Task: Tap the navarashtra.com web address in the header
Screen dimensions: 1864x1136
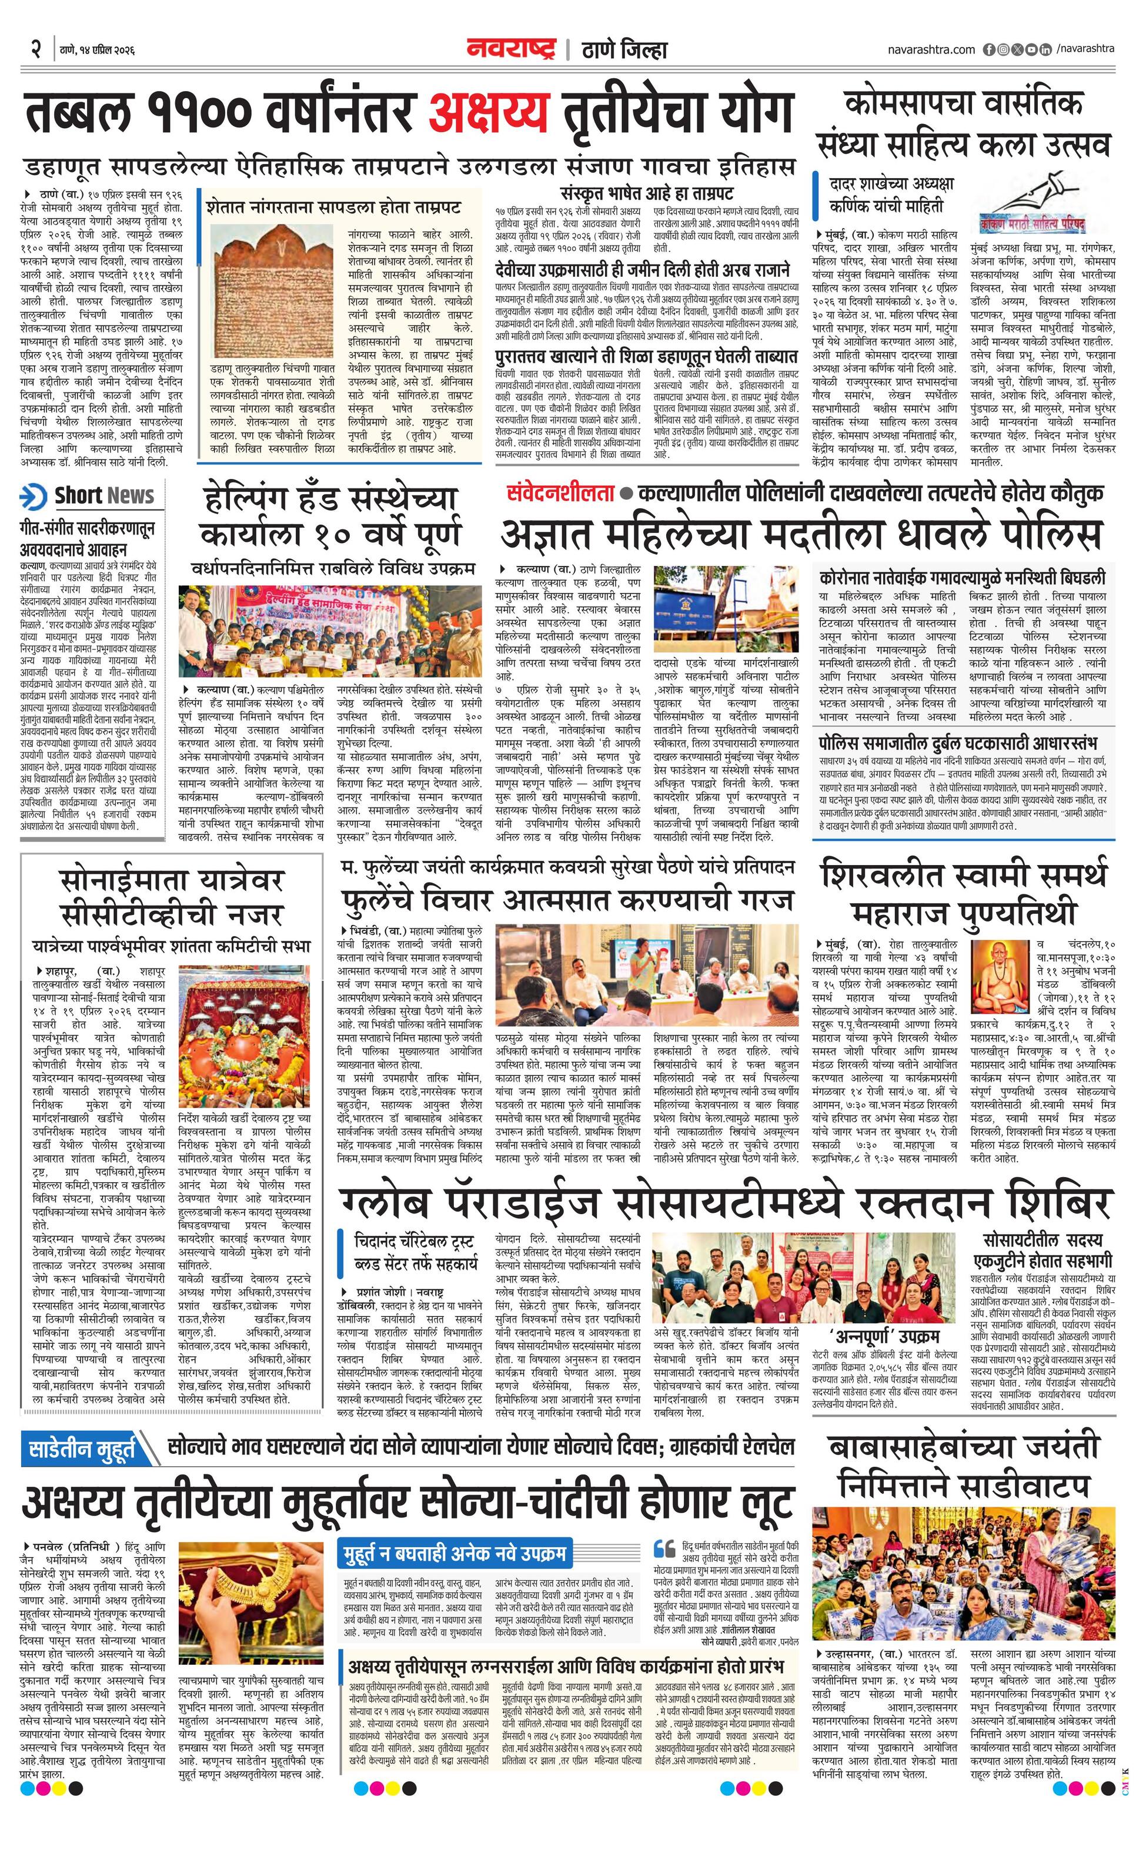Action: [x=931, y=50]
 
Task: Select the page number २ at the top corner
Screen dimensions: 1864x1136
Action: [x=35, y=50]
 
